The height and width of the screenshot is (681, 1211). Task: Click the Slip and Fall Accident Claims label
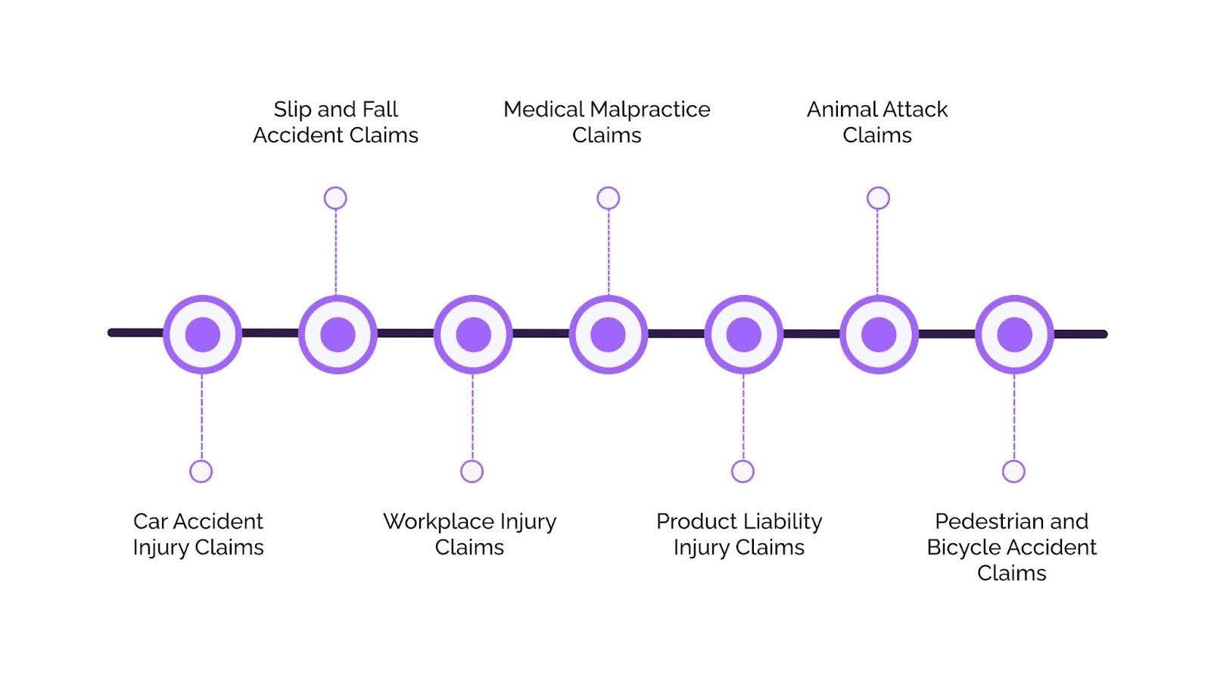[x=335, y=122]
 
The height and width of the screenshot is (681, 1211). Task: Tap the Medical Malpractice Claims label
[x=606, y=122]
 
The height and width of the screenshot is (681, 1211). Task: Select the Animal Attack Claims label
[x=877, y=122]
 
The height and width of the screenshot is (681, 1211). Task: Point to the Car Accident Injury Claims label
[x=198, y=534]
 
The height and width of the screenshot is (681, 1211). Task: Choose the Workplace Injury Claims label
[x=469, y=534]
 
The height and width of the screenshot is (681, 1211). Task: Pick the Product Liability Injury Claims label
[x=739, y=534]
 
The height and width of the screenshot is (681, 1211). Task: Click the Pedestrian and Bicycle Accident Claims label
[x=1011, y=547]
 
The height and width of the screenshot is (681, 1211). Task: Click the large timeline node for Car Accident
[x=203, y=334]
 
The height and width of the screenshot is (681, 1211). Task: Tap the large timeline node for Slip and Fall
[x=338, y=334]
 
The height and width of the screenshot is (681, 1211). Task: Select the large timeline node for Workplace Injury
[x=473, y=334]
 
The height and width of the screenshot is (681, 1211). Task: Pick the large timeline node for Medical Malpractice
[x=609, y=334]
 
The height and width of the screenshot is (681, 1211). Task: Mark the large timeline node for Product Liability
[x=744, y=334]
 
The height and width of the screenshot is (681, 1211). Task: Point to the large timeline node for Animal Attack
[x=879, y=334]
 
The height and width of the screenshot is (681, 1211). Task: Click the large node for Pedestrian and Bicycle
[x=1015, y=334]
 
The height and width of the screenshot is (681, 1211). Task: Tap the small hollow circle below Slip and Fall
[x=335, y=198]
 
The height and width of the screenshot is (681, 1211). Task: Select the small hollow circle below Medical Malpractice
[x=609, y=198]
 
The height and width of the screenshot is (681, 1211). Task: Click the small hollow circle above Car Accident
[x=201, y=471]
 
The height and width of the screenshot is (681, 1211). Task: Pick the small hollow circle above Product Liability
[x=742, y=471]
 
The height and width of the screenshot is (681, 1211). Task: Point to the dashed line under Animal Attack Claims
[x=877, y=253]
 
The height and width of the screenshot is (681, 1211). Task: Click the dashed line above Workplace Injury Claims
[x=472, y=417]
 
